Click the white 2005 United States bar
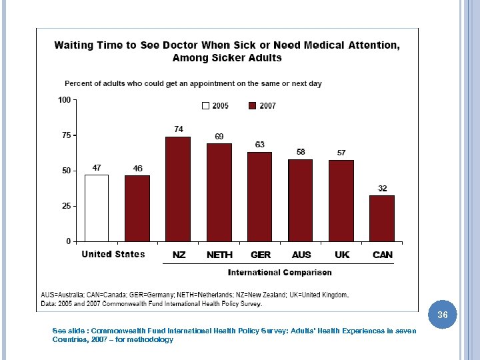coord(96,207)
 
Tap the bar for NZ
coord(178,189)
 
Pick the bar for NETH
coord(219,192)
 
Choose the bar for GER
coord(260,196)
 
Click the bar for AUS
coord(301,200)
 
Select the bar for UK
coord(341,201)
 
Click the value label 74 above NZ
coord(179,129)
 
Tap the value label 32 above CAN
coord(383,189)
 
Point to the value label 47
coord(96,167)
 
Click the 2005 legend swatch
coord(206,105)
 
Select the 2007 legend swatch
coord(253,105)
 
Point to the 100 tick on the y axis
coord(65,100)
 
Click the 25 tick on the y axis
coord(66,206)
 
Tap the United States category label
coord(113,254)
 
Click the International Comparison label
coord(279,272)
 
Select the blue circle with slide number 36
coord(443,314)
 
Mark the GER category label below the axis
coord(260,255)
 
